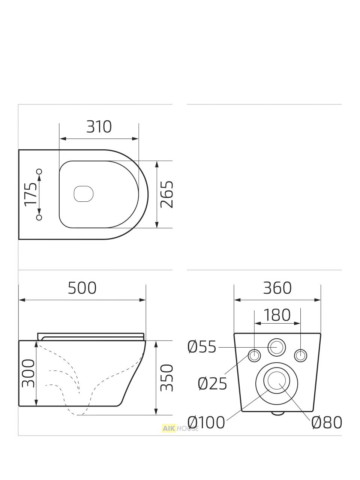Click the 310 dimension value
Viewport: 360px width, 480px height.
pos(99,127)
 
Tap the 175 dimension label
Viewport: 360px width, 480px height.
pos(31,194)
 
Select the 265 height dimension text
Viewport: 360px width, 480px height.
pos(166,194)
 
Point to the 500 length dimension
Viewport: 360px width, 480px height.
pos(82,288)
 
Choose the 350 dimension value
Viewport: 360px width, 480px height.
pos(166,378)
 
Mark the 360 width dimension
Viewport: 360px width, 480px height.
pos(277,288)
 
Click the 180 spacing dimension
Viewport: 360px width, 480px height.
pos(277,315)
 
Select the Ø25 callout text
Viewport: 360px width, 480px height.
pos(213,384)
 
